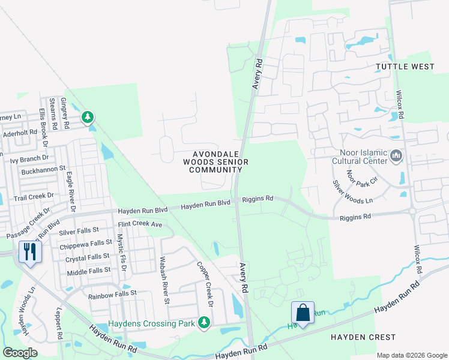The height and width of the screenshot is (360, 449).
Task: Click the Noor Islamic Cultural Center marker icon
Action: tap(396, 157)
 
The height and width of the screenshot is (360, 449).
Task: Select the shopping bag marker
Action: tap(303, 313)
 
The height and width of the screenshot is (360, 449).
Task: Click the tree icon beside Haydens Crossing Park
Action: tap(204, 323)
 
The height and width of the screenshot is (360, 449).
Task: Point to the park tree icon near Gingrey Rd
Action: tap(88, 116)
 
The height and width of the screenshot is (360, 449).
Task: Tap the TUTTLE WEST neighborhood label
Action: tap(405, 67)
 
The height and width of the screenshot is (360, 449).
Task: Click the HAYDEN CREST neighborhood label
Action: tap(363, 337)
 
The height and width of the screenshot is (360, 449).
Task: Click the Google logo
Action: tap(20, 353)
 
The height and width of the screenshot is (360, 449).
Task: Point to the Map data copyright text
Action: tap(411, 355)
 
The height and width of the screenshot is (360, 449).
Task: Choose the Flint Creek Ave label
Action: tap(140, 224)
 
